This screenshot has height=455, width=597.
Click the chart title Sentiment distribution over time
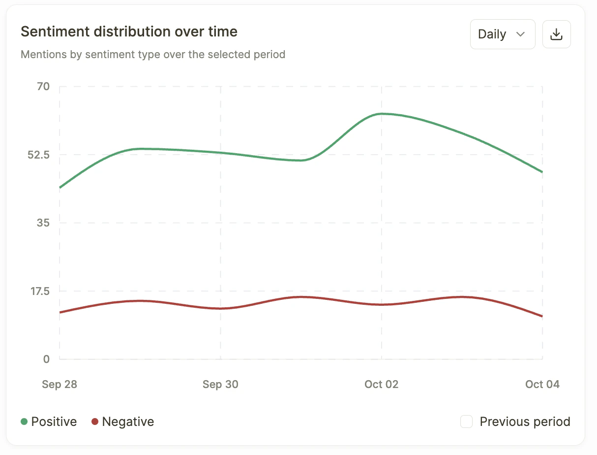129,32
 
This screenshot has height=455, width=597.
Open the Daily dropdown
502,34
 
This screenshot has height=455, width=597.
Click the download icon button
556,34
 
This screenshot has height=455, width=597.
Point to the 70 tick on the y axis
43,87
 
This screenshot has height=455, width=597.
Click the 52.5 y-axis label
38,155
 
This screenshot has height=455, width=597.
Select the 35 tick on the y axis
43,223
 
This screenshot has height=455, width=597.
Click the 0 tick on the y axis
46,359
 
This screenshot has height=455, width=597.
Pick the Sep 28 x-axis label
60,385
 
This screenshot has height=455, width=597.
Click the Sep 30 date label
220,385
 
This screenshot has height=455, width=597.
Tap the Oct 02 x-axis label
382,385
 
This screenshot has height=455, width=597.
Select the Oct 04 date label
542,385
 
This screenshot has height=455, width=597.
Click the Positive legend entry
54,422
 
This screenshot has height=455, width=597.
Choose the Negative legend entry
128,422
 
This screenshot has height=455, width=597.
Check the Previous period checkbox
466,422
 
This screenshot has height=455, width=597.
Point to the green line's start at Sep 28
60,188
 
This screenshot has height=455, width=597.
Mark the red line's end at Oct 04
542,316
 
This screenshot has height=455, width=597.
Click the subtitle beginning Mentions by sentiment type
153,54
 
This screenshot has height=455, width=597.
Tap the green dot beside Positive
24,422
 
